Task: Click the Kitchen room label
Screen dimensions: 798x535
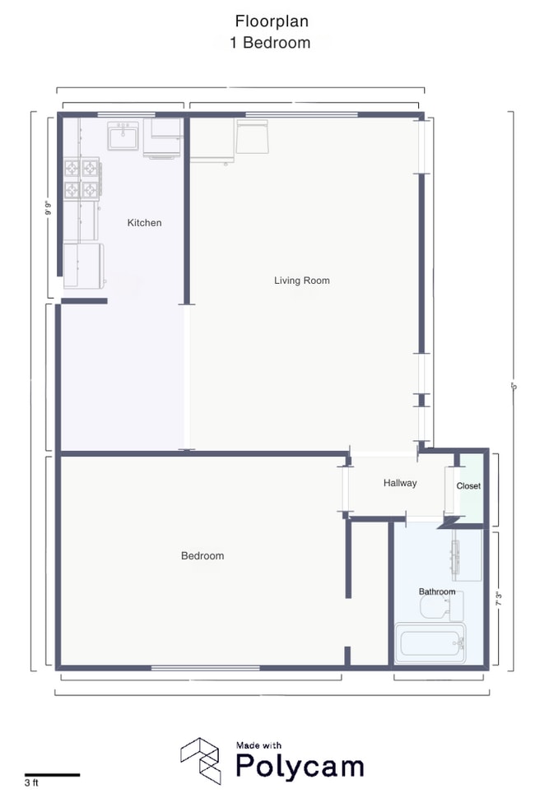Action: (x=144, y=223)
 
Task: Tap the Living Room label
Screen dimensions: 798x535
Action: (x=301, y=281)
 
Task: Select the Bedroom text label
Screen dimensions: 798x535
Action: (x=202, y=556)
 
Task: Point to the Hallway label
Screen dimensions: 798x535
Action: (x=400, y=483)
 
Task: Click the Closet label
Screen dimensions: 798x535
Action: (x=468, y=486)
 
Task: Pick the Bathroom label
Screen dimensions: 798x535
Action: (x=436, y=592)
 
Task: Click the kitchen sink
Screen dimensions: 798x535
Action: (x=123, y=136)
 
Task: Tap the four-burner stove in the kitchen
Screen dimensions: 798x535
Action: (x=81, y=179)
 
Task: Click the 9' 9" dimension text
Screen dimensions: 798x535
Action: (x=49, y=208)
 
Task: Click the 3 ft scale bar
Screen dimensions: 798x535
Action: (x=52, y=774)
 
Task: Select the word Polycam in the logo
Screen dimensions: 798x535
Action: (x=300, y=766)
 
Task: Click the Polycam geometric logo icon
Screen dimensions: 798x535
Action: (x=200, y=758)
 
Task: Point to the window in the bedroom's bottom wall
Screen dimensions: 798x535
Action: (x=201, y=667)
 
